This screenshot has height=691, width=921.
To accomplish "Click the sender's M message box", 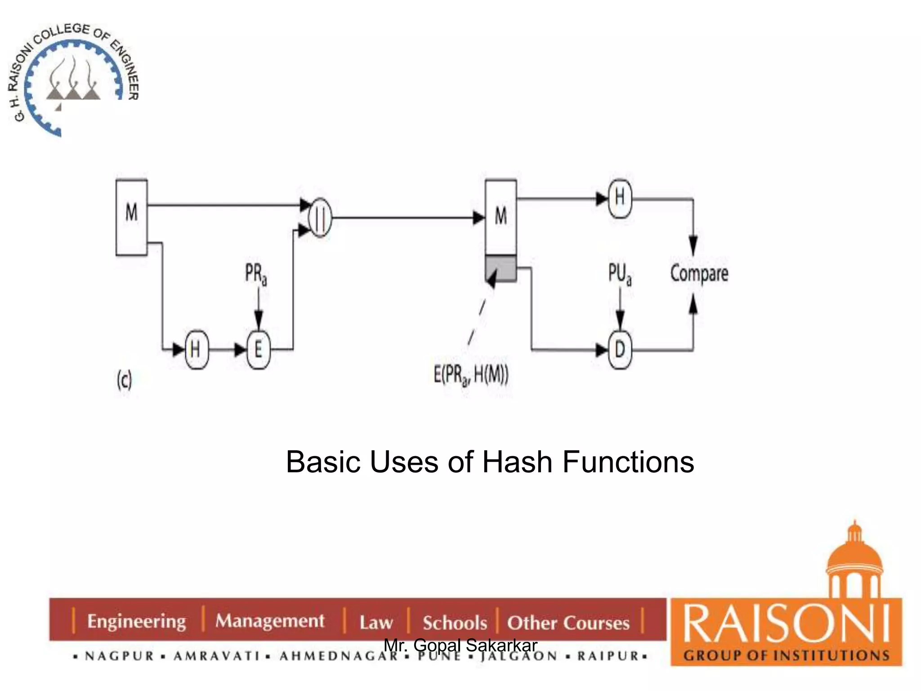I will (x=131, y=217).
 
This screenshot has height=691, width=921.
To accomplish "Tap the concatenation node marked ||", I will (x=320, y=218).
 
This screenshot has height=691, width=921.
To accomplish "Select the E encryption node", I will (x=259, y=350).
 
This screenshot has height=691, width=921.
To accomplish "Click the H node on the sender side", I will (x=196, y=350).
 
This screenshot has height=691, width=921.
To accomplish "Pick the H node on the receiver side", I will (x=620, y=198).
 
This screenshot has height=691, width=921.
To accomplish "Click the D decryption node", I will (x=620, y=350).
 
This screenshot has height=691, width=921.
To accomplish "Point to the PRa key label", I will (x=256, y=274).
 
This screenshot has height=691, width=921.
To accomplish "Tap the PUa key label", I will (x=620, y=274).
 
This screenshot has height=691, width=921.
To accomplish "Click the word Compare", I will (x=699, y=273).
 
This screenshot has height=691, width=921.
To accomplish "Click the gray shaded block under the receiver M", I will (x=501, y=269).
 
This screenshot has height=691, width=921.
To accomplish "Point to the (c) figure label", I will (x=124, y=381).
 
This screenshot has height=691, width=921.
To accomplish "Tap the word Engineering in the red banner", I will (x=136, y=621).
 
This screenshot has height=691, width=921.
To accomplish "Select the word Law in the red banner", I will (x=376, y=623).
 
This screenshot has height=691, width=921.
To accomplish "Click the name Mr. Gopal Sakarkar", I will (x=460, y=645).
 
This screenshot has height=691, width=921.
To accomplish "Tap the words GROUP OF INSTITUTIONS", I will (x=786, y=655).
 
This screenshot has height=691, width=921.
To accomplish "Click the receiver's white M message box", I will (x=501, y=217).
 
